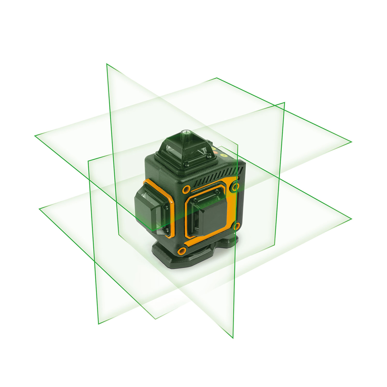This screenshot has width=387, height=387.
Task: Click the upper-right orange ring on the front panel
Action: (x=234, y=186)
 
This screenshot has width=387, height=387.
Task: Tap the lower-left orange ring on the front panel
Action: (x=181, y=250)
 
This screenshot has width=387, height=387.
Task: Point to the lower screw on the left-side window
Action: (x=166, y=229)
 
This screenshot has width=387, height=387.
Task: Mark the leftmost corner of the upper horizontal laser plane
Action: (x=35, y=135)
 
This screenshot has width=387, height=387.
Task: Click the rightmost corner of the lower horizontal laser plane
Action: (x=351, y=219)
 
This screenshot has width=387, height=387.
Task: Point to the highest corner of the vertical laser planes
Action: (x=107, y=64)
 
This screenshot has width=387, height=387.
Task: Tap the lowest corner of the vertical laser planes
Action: (x=233, y=338)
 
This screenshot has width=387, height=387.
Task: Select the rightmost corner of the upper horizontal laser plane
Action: (x=351, y=141)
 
